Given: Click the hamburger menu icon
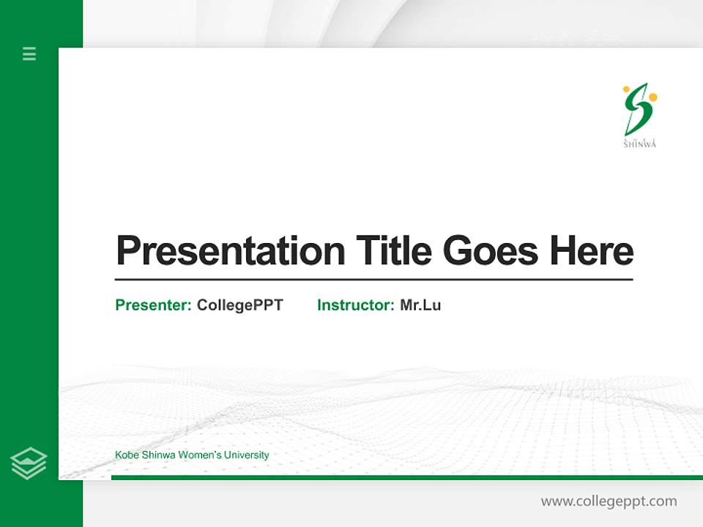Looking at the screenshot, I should tap(29, 53).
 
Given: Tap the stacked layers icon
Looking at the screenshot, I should tap(29, 463).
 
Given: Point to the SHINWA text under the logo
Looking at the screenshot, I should tap(639, 144).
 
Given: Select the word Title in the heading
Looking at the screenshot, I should tap(394, 250).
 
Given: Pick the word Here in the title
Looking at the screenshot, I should tap(592, 250).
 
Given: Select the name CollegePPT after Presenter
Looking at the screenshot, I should tap(239, 305).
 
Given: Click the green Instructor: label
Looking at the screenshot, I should tap(356, 305).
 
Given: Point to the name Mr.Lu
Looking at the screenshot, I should tap(420, 305).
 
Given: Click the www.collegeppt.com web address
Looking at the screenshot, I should tap(609, 501).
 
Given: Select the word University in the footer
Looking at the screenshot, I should tap(246, 455).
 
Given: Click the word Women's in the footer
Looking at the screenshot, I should tap(198, 455).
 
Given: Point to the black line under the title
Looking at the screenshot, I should tap(373, 280).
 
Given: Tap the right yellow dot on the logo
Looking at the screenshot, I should tap(652, 97).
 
